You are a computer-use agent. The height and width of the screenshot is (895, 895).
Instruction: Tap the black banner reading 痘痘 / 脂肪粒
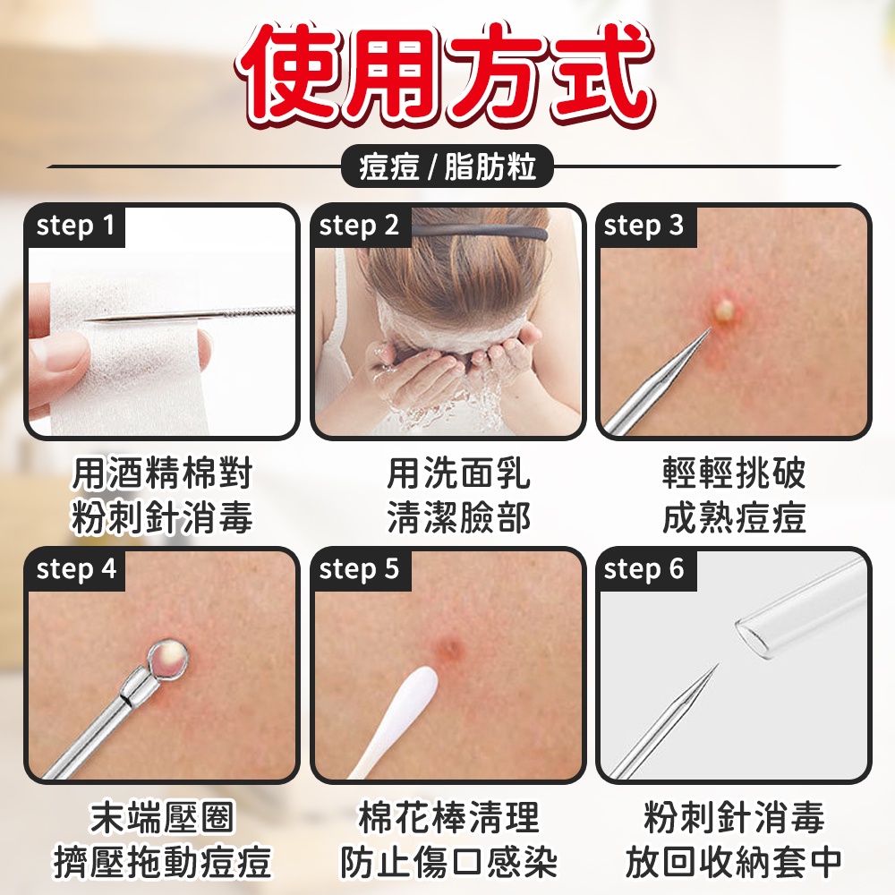[447, 167]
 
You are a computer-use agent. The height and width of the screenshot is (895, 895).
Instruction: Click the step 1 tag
[76, 226]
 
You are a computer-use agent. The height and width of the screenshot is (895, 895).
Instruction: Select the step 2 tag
[360, 226]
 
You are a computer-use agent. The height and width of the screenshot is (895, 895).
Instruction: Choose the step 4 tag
[76, 569]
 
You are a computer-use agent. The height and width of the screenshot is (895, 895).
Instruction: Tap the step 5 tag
[360, 569]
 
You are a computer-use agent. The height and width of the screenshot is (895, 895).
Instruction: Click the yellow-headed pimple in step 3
[725, 311]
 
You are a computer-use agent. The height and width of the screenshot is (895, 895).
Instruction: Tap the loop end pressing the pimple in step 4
[170, 658]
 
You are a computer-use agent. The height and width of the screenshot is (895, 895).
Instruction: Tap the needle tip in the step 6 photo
[716, 668]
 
